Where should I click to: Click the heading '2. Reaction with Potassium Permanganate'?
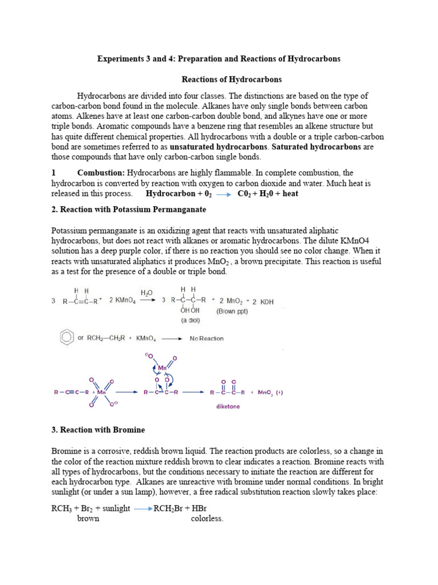tap(128, 210)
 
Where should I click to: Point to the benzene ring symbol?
tap(67, 338)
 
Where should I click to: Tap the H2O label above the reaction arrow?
tap(147, 292)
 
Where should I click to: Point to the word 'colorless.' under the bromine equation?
tap(207, 519)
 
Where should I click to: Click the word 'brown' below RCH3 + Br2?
tap(88, 519)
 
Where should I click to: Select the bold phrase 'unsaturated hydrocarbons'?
tap(218, 147)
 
